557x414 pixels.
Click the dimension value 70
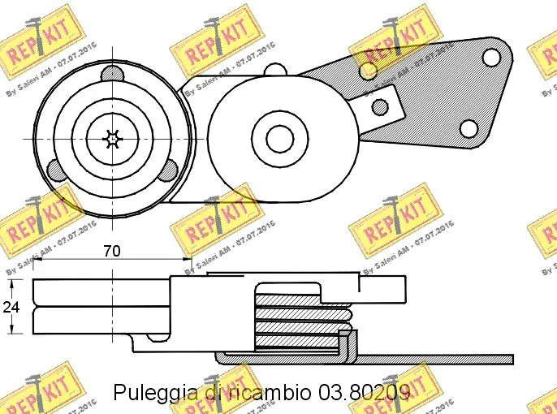112,252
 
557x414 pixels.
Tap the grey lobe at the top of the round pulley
112,74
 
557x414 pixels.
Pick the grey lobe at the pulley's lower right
168,170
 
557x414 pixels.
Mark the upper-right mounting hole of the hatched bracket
491,57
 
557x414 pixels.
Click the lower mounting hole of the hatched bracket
468,128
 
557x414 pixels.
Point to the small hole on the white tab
378,106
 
